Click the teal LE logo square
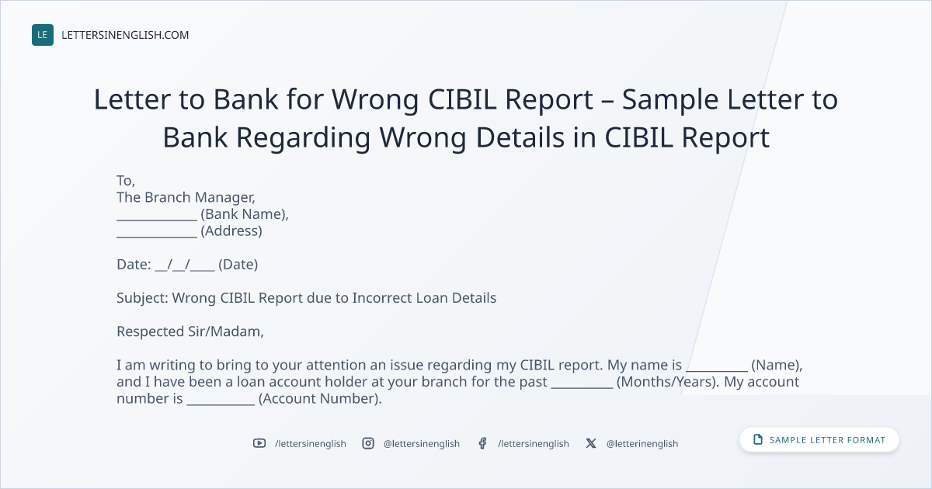[x=43, y=35]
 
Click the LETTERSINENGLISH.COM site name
[x=125, y=35]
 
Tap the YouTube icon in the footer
[x=259, y=443]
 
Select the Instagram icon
[x=368, y=443]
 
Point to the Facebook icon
[x=482, y=443]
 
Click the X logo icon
[x=591, y=443]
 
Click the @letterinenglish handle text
[x=642, y=444]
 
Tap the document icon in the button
[x=758, y=439]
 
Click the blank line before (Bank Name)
[x=157, y=220]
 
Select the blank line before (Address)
[x=157, y=237]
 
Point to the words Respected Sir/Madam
[x=190, y=331]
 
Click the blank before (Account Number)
[x=221, y=404]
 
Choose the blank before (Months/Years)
[x=582, y=387]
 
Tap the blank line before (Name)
[x=717, y=370]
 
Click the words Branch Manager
[x=200, y=197]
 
